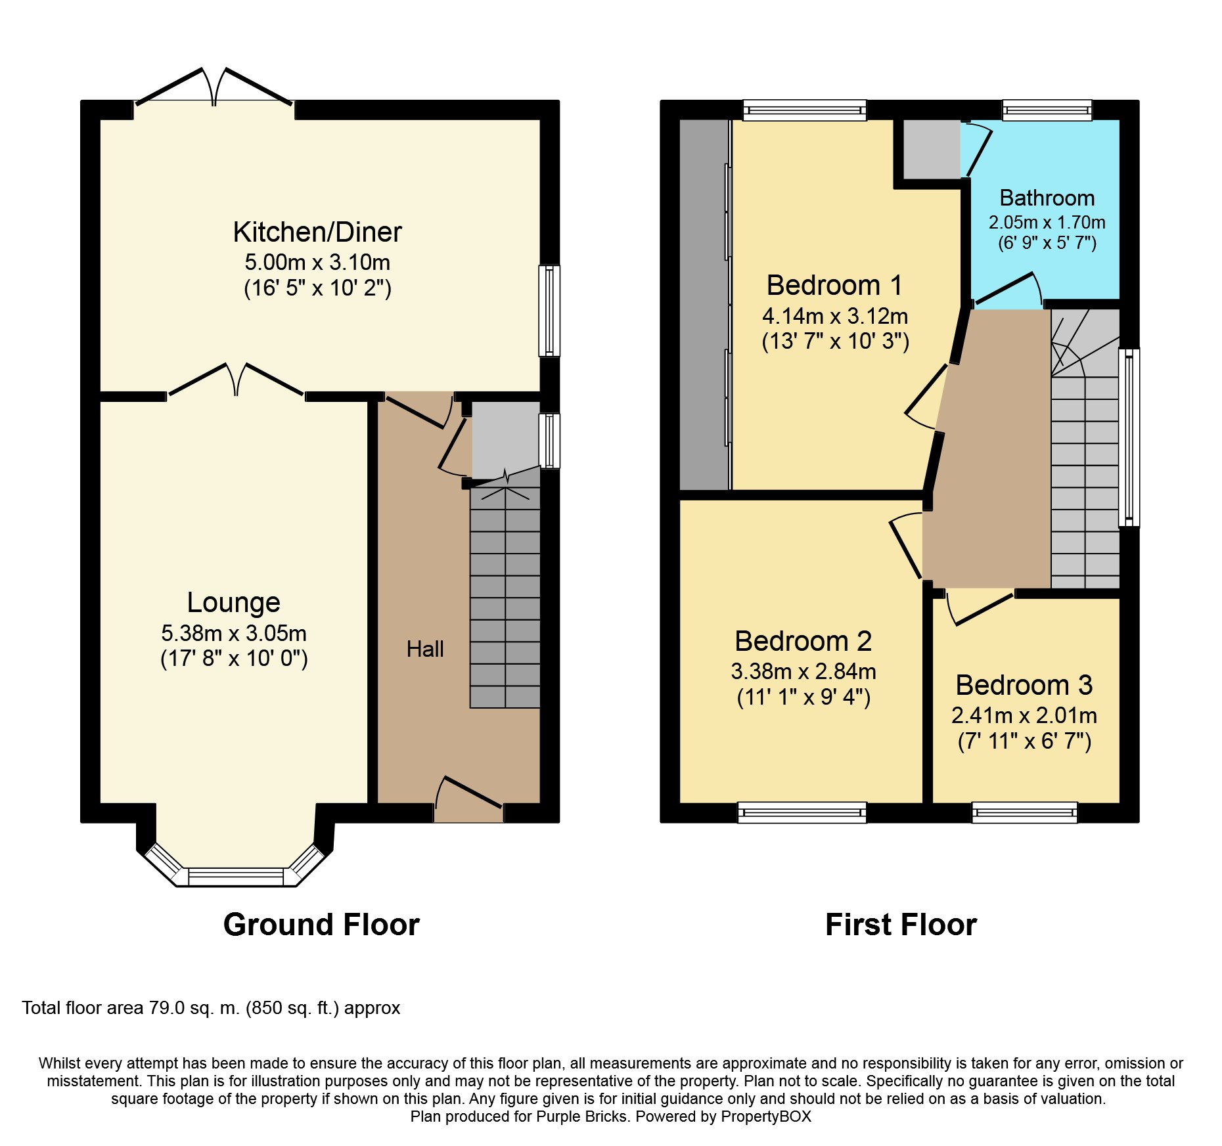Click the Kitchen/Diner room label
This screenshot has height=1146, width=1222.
coord(317,232)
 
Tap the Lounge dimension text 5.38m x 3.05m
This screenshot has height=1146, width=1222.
coord(234,633)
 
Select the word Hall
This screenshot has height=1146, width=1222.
coord(425,649)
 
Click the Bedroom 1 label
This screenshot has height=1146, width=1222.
coord(834,285)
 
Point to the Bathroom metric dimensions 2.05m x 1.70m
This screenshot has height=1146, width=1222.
coord(1047,222)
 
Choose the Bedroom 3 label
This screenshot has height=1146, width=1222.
coord(1024,685)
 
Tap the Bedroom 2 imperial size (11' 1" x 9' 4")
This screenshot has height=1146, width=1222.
coord(803,697)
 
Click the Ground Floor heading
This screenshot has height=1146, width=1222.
coord(321,925)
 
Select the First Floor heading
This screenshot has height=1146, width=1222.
coord(901,925)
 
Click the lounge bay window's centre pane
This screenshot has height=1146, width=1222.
coord(236,877)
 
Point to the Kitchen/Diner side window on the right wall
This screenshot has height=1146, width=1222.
coord(549,311)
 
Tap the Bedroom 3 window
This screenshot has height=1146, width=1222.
coord(1025,812)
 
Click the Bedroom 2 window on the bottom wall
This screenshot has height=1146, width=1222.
coord(802,812)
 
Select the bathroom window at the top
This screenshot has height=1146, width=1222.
coord(1047,110)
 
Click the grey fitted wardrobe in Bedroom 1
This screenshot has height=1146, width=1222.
coord(704,305)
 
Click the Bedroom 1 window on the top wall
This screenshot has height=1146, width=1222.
coord(805,110)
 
